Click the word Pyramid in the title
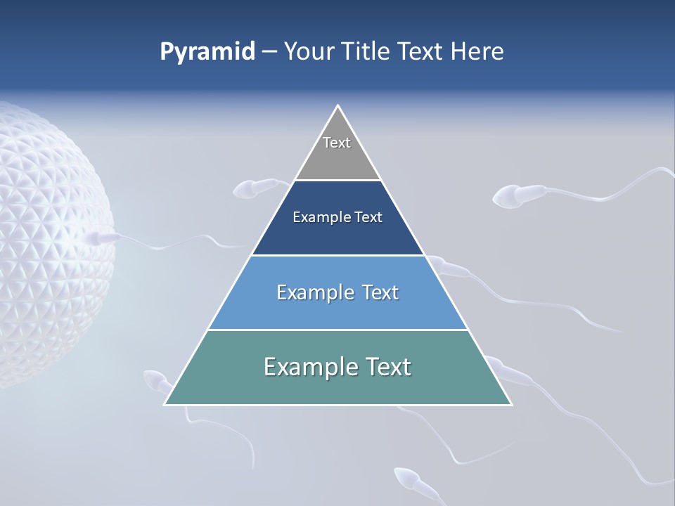click(207, 52)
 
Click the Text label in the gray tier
click(337, 143)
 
